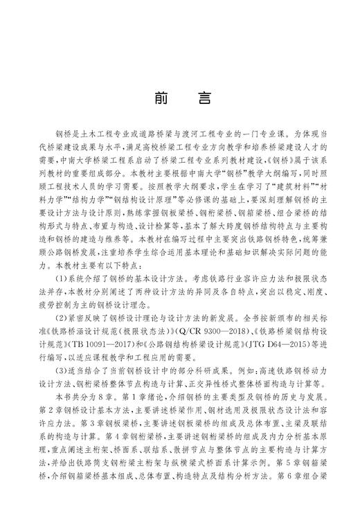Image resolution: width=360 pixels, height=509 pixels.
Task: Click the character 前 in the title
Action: point(161,97)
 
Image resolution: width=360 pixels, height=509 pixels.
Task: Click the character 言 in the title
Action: point(204,97)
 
